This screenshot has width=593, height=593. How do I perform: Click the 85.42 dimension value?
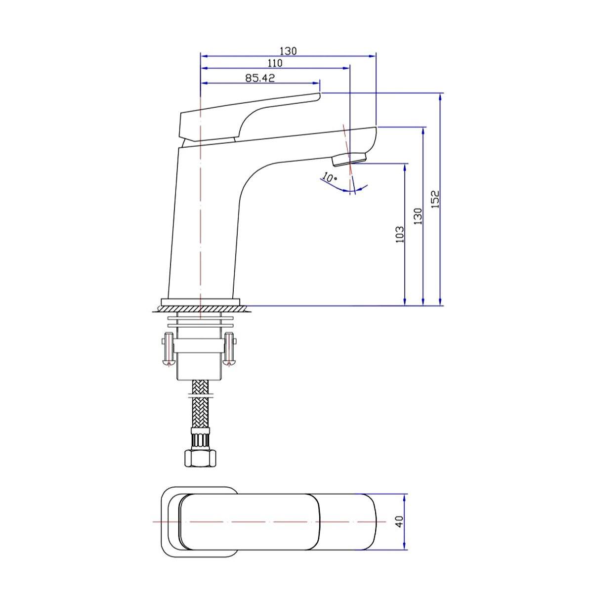[260, 78]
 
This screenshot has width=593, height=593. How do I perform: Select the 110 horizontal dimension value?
[275, 63]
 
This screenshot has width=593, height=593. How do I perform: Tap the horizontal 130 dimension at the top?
[288, 51]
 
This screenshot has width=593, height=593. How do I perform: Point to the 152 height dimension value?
[434, 200]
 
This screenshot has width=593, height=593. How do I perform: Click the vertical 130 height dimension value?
[418, 216]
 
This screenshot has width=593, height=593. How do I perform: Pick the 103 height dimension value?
[400, 233]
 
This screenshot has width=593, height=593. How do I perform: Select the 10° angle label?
[329, 177]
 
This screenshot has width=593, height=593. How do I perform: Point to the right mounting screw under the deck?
[229, 349]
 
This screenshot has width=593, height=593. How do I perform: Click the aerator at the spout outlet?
[349, 159]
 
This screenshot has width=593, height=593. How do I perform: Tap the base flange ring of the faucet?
[200, 302]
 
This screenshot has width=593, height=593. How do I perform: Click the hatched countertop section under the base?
[200, 309]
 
